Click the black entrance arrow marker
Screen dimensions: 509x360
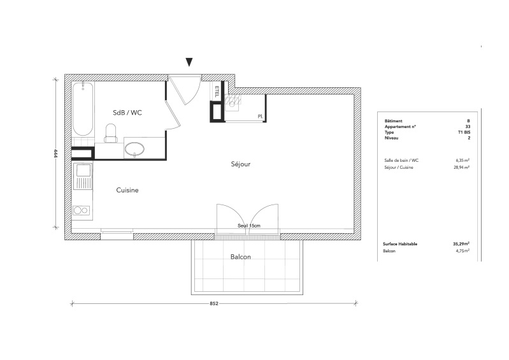pyautogui.click(x=189, y=62)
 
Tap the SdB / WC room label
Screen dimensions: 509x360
pyautogui.click(x=127, y=113)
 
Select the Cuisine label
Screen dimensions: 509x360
pyautogui.click(x=127, y=191)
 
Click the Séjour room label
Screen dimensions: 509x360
pyautogui.click(x=241, y=164)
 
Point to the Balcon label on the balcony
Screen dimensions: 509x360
pyautogui.click(x=241, y=257)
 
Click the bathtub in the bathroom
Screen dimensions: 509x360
pyautogui.click(x=83, y=109)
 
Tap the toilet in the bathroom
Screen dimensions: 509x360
pyautogui.click(x=111, y=133)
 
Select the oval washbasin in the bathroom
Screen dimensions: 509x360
pyautogui.click(x=134, y=149)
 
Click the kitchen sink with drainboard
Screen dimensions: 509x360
pyautogui.click(x=83, y=176)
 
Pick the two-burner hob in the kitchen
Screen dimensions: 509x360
pyautogui.click(x=82, y=211)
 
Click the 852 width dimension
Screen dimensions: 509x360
pyautogui.click(x=214, y=303)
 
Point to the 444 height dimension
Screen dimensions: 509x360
pyautogui.click(x=55, y=153)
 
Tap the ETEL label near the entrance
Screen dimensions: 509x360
pyautogui.click(x=217, y=91)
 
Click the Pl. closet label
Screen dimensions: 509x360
pyautogui.click(x=261, y=116)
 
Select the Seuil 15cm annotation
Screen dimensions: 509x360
pyautogui.click(x=249, y=226)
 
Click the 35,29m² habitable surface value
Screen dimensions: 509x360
pyautogui.click(x=461, y=243)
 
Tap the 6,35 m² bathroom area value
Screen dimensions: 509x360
pyautogui.click(x=462, y=160)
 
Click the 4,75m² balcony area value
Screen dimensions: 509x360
pyautogui.click(x=462, y=250)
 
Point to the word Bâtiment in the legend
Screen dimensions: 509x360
pyautogui.click(x=394, y=121)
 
